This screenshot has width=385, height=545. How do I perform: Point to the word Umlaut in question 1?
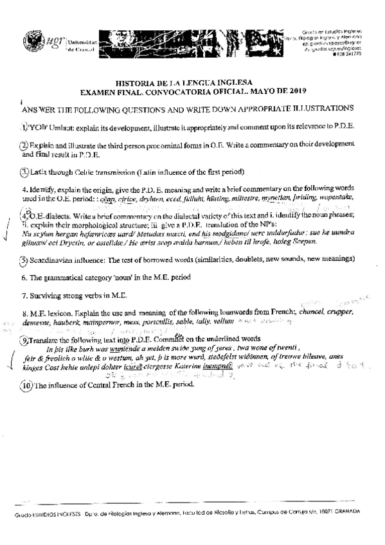pos(60,127)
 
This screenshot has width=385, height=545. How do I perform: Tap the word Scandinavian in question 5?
pos(55,260)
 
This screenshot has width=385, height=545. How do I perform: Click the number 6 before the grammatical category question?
pos(23,276)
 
